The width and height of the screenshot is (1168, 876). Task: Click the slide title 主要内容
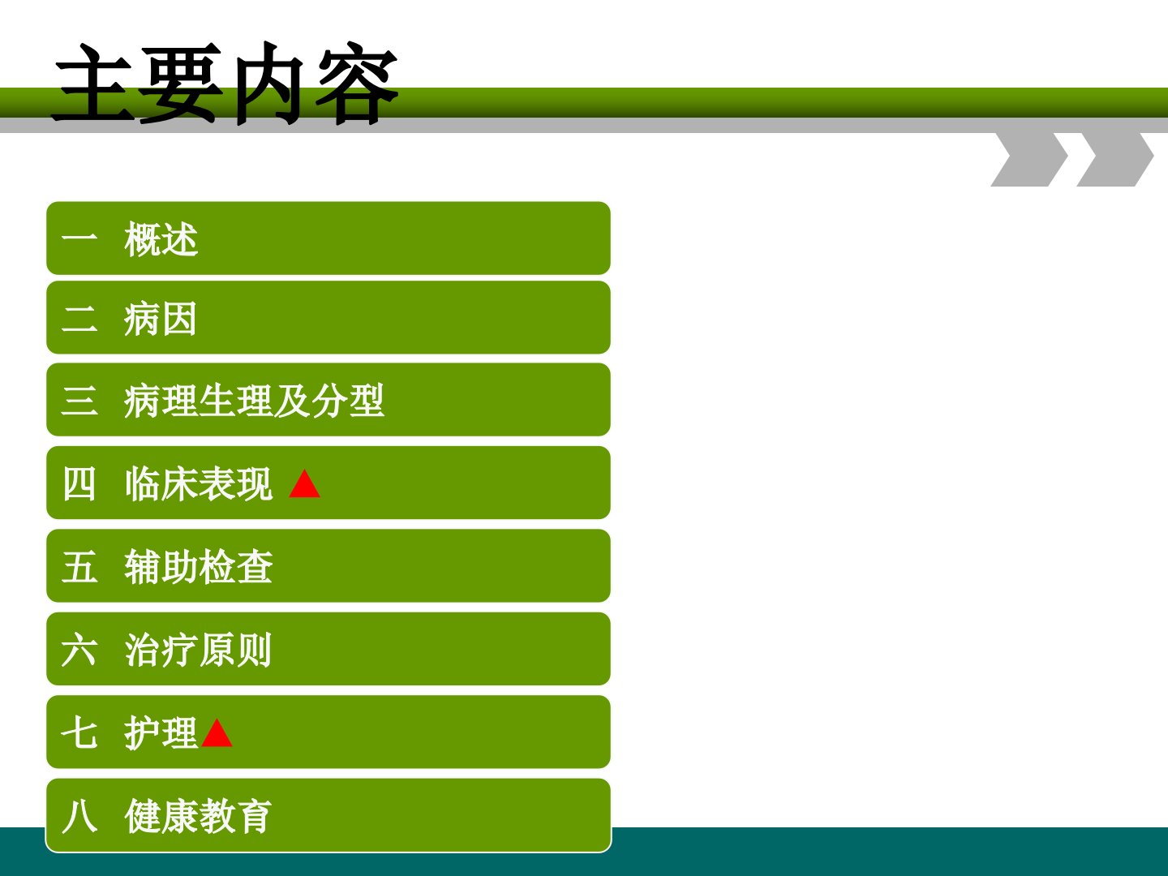225,84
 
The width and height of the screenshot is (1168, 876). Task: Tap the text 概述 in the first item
161,239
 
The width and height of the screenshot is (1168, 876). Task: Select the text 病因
160,319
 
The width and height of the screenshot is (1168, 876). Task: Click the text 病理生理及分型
254,401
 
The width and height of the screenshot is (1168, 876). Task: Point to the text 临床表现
199,484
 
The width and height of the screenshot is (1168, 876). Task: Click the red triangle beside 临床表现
304,483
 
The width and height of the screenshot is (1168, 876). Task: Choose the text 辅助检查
199,567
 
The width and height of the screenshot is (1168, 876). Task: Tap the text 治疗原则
199,650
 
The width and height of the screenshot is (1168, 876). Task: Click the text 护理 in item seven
161,733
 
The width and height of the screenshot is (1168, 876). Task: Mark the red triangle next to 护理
217,733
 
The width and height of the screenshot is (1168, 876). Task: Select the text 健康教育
199,816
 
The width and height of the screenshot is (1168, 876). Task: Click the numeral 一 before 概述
79,237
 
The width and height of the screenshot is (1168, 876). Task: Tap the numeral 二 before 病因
79,319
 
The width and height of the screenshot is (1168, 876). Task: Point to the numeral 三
79,401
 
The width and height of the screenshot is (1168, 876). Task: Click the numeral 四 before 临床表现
79,484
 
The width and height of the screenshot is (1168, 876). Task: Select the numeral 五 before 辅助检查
79,567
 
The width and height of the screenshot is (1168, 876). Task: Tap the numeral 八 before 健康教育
79,816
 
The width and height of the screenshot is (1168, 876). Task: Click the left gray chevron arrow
1029,159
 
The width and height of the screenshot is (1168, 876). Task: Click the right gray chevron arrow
1115,159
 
